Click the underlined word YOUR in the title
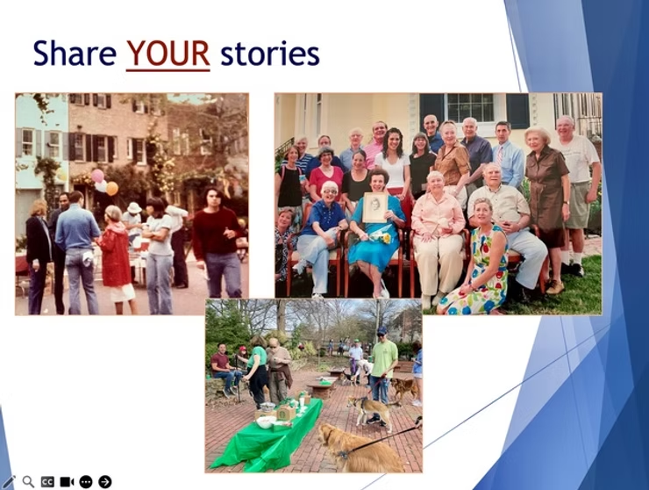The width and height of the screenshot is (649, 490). click(168, 54)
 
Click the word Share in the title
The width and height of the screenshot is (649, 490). click(75, 54)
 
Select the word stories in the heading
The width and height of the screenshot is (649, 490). click(269, 54)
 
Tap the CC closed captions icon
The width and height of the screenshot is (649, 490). click(47, 481)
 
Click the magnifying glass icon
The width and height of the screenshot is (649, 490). click(28, 481)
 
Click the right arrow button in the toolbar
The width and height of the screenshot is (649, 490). click(105, 481)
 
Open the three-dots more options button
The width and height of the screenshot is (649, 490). click(86, 481)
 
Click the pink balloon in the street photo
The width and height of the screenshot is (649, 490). click(97, 176)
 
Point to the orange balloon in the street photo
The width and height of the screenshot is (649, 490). click(111, 188)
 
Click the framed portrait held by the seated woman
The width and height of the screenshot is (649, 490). click(374, 207)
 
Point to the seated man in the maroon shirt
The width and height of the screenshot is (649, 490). click(221, 365)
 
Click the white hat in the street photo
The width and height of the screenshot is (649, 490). click(133, 208)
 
